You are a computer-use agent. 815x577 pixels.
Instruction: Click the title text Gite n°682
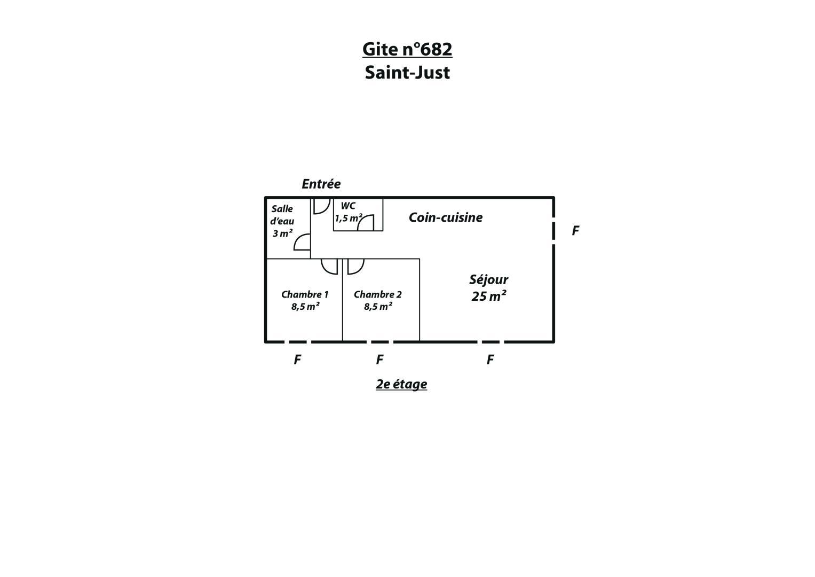(407, 49)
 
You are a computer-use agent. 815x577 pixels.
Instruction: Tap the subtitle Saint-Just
(407, 72)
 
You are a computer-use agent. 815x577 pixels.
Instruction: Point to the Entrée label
(321, 184)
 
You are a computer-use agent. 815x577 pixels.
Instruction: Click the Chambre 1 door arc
(326, 270)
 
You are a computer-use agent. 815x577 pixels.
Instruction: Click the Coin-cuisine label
(446, 217)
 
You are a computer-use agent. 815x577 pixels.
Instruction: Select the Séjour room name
(489, 280)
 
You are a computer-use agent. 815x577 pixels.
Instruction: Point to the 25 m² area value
(489, 296)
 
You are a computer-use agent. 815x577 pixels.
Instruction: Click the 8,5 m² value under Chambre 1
(305, 307)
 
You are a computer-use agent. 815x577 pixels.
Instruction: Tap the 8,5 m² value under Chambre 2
(378, 307)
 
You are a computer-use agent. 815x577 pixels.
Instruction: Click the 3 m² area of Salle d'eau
(283, 233)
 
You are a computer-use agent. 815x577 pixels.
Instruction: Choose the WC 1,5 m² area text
(348, 218)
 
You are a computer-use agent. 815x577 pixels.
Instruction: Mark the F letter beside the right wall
(575, 231)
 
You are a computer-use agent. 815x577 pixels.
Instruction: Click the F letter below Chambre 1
(297, 360)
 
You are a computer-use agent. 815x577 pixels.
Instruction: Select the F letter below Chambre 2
(379, 360)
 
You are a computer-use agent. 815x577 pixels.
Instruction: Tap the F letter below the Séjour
(490, 360)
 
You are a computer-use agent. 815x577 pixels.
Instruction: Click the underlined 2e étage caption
(401, 384)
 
